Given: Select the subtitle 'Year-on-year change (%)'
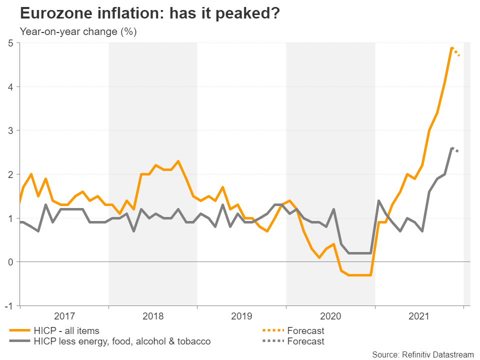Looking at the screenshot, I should pos(78,32).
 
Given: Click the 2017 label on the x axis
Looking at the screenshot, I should pos(64,316).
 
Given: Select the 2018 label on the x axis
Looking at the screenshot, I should pos(153,316).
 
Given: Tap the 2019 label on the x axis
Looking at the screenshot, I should pos(241,316).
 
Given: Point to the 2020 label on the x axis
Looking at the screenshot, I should pos(330,316).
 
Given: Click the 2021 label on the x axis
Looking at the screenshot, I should pos(419,316).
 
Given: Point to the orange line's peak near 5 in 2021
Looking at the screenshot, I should pos(452,48).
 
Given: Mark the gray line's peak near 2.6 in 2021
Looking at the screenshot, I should pos(452,148).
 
